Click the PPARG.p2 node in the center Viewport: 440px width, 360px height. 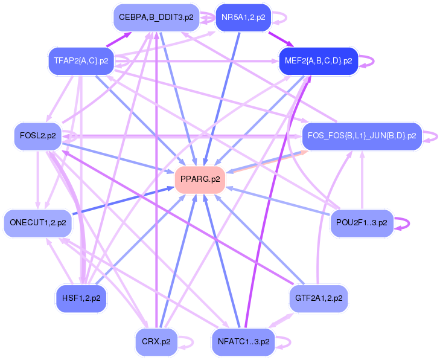pos(200,179)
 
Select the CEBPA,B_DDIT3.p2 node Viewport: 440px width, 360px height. pos(156,18)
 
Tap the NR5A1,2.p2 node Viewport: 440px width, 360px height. pos(243,18)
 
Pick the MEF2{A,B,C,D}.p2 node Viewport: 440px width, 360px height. pos(319,61)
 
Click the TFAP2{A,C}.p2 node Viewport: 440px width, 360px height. pos(81,61)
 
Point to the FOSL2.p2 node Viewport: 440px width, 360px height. pos(37,136)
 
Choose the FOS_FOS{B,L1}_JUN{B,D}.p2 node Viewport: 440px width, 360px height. pos(362,136)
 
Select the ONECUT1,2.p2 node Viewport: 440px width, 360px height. pos(37,223)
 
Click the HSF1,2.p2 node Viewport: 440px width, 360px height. pos(81,298)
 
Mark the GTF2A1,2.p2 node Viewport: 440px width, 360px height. pos(319,298)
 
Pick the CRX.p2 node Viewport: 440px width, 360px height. pos(156,341)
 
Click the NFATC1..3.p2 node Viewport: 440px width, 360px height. pos(243,341)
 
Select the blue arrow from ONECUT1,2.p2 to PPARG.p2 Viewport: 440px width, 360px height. pos(121,201)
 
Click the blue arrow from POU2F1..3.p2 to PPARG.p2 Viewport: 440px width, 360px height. pos(278,200)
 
